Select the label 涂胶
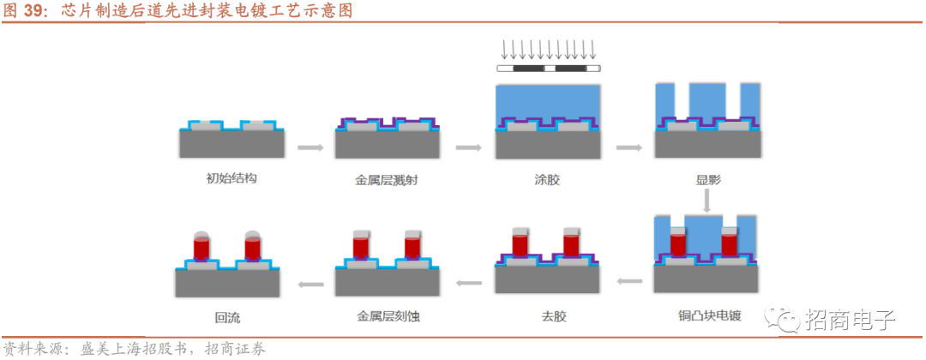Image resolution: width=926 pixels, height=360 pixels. coord(546,179)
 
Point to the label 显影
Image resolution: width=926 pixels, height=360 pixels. coord(707,179)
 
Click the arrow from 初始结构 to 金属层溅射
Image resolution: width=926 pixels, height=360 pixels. coord(310,147)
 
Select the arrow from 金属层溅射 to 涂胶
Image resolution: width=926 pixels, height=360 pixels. coord(468,147)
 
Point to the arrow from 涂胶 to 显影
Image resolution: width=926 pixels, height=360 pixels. coord(629,147)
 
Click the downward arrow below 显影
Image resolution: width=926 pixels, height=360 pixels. coord(707,201)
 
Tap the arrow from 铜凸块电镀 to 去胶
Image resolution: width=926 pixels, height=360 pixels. coord(630,282)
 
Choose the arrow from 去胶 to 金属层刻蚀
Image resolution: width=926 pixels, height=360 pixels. coord(470,284)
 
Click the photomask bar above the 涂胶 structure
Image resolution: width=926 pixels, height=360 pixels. coord(549,69)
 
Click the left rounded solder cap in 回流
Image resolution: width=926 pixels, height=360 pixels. coord(202,235)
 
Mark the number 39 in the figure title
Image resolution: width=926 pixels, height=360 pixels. coord(33,10)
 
